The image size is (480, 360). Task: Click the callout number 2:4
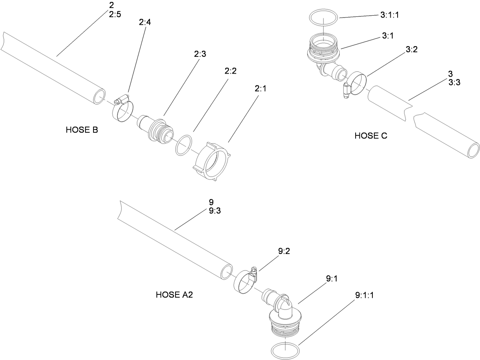[145, 22]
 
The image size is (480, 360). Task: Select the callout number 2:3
[200, 54]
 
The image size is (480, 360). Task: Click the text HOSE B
[82, 130]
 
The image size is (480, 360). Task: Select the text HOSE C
[371, 136]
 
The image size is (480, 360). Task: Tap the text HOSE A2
[174, 295]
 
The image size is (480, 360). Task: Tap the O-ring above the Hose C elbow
[323, 17]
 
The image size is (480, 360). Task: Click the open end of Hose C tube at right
[473, 149]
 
